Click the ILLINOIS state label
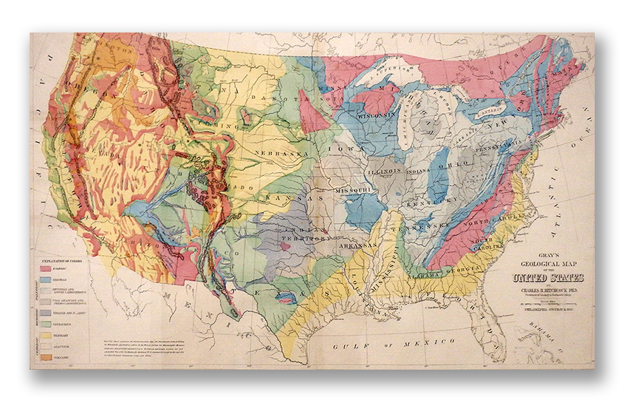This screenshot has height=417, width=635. [x=385, y=170]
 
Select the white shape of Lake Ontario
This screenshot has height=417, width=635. [x=492, y=111]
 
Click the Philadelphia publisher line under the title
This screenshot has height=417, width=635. [x=546, y=309]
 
